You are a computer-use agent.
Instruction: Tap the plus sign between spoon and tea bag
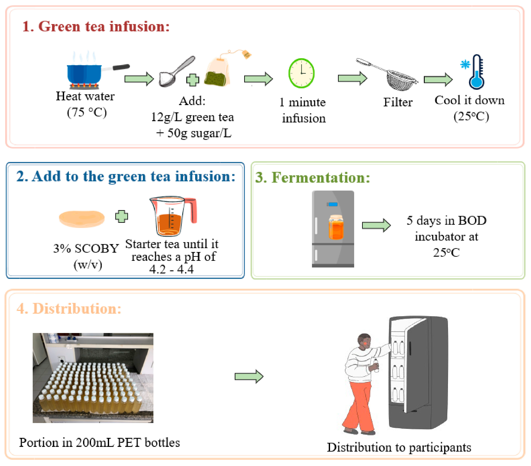(193, 80)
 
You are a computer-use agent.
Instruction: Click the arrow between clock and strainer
(352, 78)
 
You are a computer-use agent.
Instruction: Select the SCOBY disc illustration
(82, 219)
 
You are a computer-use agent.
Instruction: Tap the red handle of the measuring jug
(193, 210)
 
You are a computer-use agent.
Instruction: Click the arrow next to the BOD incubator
(376, 225)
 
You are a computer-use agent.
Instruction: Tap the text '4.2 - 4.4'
(171, 269)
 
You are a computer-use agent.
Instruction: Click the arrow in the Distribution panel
(249, 376)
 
